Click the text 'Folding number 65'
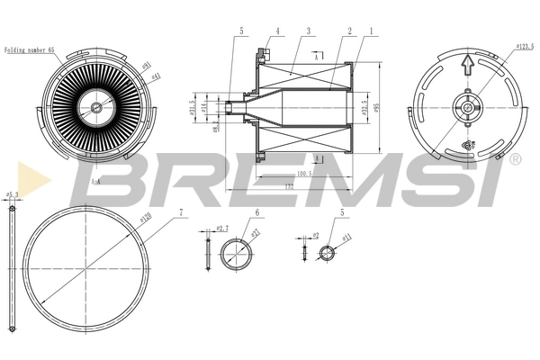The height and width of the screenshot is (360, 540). pyautogui.click(x=31, y=52)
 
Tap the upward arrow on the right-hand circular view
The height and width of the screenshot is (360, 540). pyautogui.click(x=466, y=65)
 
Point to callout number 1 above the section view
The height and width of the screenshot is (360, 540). pyautogui.click(x=370, y=31)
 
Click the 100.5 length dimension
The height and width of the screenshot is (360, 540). pyautogui.click(x=303, y=174)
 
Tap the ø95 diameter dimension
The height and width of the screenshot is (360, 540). pyautogui.click(x=377, y=106)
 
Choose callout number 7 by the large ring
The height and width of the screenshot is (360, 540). pyautogui.click(x=182, y=213)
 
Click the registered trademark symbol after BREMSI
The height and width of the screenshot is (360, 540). pyautogui.click(x=516, y=159)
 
